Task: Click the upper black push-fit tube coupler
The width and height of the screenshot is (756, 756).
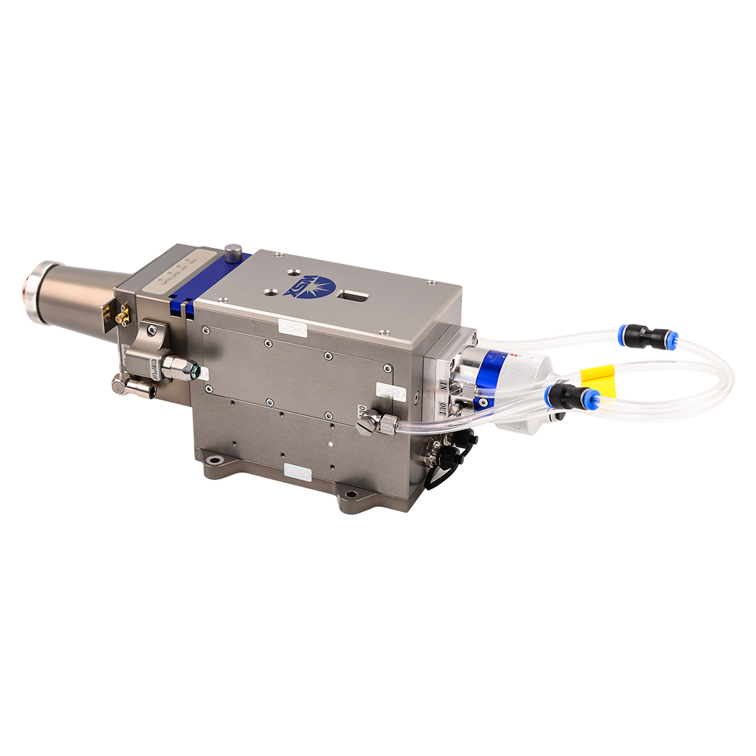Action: pyautogui.click(x=647, y=337)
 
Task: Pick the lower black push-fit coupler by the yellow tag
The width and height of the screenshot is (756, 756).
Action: pyautogui.click(x=575, y=395)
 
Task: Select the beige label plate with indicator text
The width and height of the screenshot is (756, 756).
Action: pyautogui.click(x=175, y=273)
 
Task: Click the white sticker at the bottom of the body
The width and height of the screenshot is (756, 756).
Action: pyautogui.click(x=297, y=472)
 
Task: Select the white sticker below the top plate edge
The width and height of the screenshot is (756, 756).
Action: pyautogui.click(x=292, y=329)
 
